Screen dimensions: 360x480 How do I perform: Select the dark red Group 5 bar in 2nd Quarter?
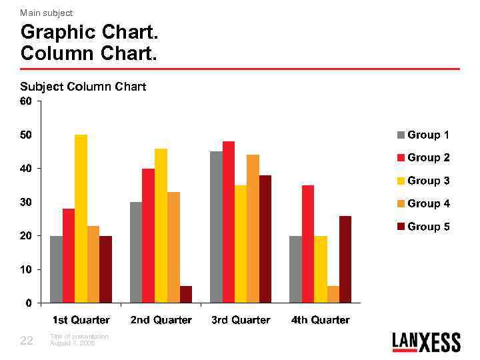(186, 295)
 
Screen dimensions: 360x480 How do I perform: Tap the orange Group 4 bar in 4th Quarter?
(333, 295)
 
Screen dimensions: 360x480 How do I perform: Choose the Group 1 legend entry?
(423, 135)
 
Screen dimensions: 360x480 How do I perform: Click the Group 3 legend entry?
(423, 181)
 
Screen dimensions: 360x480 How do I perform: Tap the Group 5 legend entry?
(423, 227)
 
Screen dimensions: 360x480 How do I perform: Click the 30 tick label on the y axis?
(25, 202)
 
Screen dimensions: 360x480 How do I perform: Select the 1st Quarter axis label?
(81, 320)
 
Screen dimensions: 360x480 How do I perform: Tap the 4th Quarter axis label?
(321, 320)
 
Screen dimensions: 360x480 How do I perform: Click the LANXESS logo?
(426, 342)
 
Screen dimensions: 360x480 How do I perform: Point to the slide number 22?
(27, 341)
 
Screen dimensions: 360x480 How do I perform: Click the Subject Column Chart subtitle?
(83, 87)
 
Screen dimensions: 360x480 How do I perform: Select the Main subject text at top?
(47, 13)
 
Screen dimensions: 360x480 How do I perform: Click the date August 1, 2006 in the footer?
(73, 343)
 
